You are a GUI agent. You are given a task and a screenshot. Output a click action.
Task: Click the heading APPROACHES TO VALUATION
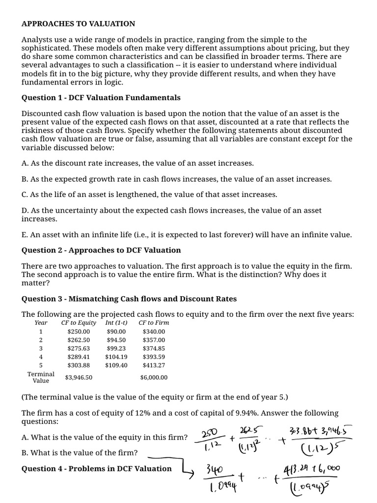point(78,24)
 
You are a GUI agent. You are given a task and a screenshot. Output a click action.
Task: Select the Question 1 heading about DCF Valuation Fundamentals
point(101,97)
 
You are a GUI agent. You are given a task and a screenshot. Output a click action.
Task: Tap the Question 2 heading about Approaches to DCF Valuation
point(101,250)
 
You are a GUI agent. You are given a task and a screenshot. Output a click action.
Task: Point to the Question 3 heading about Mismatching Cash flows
point(129,299)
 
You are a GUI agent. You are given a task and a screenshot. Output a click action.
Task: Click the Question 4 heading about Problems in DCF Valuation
point(97,469)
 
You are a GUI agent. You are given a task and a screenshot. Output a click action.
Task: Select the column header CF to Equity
point(79,323)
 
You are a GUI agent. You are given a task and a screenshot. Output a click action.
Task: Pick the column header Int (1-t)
point(116,323)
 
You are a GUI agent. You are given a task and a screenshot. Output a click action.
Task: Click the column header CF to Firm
point(154,323)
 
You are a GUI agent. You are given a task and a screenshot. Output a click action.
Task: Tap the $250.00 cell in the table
point(79,332)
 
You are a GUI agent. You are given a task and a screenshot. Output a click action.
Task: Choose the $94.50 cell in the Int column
point(116,340)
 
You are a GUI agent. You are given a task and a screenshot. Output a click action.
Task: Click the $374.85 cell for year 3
point(154,348)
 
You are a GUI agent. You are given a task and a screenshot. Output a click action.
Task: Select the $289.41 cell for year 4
point(79,357)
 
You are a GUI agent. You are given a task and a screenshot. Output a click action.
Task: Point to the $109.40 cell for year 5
point(116,365)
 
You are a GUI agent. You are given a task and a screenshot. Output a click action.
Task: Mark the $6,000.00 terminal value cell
point(154,378)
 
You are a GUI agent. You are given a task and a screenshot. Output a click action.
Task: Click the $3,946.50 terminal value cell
point(79,378)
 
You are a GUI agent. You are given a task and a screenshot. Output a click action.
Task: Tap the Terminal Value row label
point(41,377)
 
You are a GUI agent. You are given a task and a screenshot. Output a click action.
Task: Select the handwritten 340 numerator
point(215,470)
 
